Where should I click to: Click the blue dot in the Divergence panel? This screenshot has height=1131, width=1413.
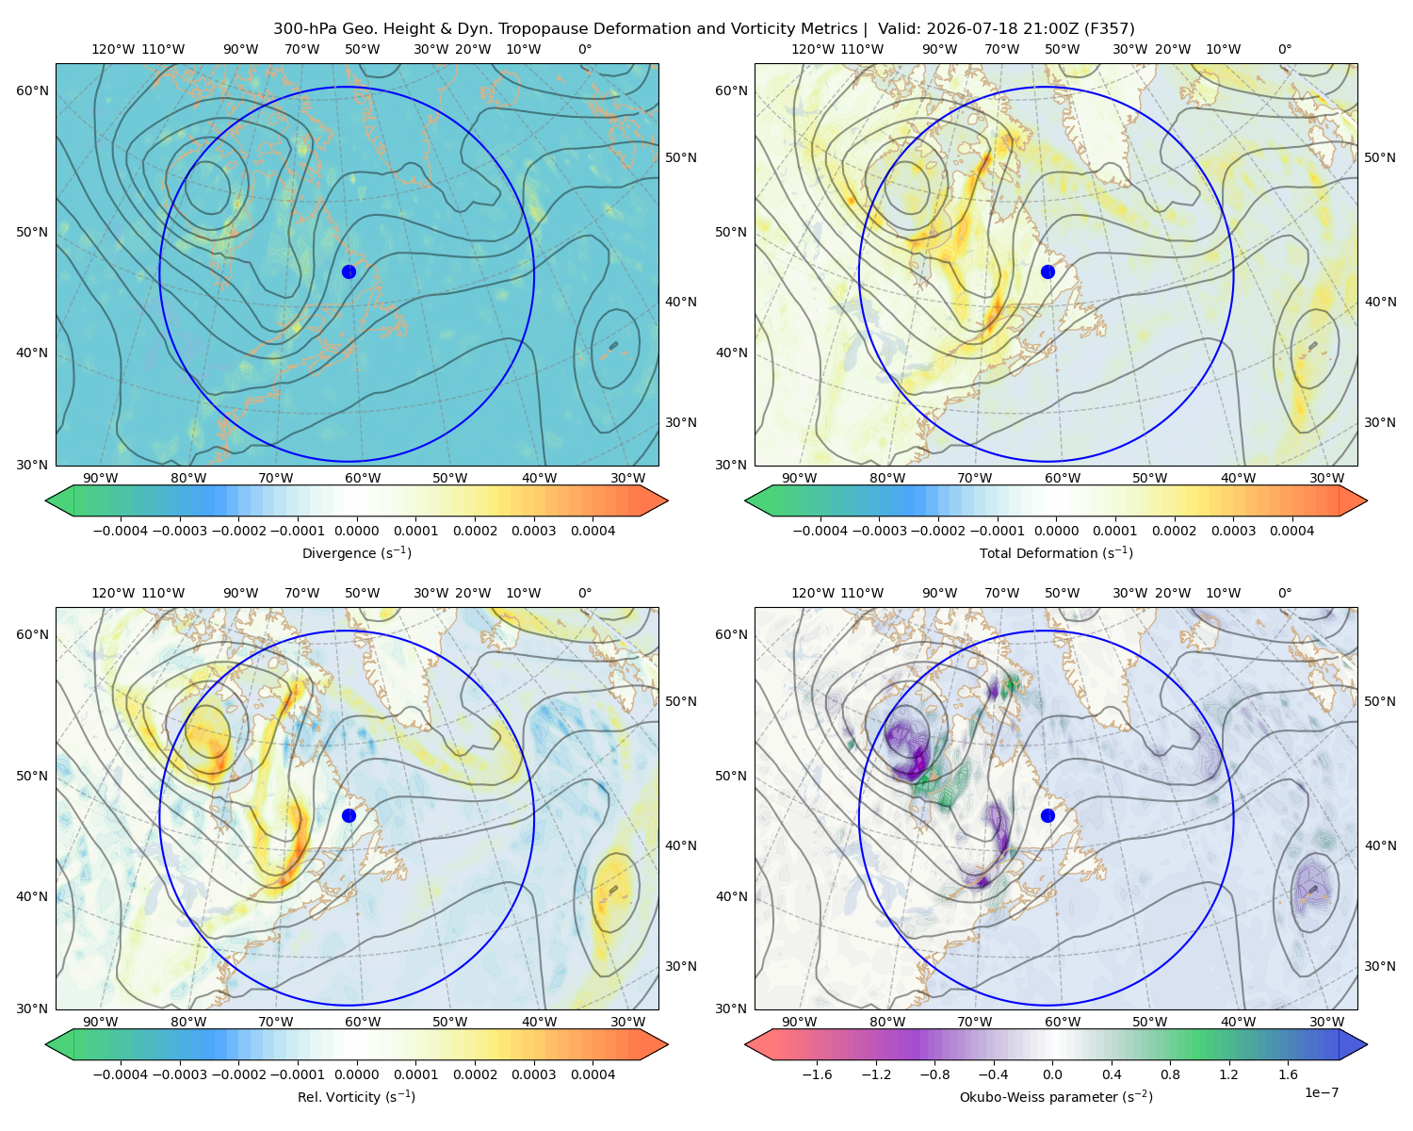(x=349, y=271)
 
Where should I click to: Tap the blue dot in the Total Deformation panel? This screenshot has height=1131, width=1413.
(x=1048, y=271)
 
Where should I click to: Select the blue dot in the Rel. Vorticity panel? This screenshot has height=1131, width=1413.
(x=349, y=815)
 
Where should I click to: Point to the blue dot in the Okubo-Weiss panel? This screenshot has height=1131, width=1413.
(x=1048, y=815)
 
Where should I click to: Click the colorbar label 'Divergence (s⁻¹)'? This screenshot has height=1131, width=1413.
(x=356, y=552)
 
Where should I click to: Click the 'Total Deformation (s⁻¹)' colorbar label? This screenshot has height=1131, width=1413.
(x=1056, y=552)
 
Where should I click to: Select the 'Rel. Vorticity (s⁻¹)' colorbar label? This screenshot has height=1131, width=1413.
(x=356, y=1096)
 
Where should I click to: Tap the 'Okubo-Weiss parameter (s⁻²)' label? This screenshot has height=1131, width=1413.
(x=1056, y=1096)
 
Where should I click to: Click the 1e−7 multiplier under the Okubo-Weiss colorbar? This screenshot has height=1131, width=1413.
(x=1321, y=1092)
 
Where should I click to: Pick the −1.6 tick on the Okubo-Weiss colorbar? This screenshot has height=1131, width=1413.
(x=817, y=1074)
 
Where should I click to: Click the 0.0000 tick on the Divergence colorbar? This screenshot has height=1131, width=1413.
(x=356, y=531)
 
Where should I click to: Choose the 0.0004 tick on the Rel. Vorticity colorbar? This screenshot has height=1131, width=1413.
(x=593, y=1074)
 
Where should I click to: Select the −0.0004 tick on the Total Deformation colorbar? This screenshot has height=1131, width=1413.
(x=820, y=531)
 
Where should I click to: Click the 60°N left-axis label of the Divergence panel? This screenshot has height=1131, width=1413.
(x=32, y=90)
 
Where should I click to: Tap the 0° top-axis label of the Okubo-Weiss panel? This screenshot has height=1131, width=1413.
(x=1284, y=592)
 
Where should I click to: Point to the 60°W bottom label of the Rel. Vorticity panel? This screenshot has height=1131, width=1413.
(x=363, y=1022)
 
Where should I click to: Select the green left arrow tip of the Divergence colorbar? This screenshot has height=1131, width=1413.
(x=47, y=500)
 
